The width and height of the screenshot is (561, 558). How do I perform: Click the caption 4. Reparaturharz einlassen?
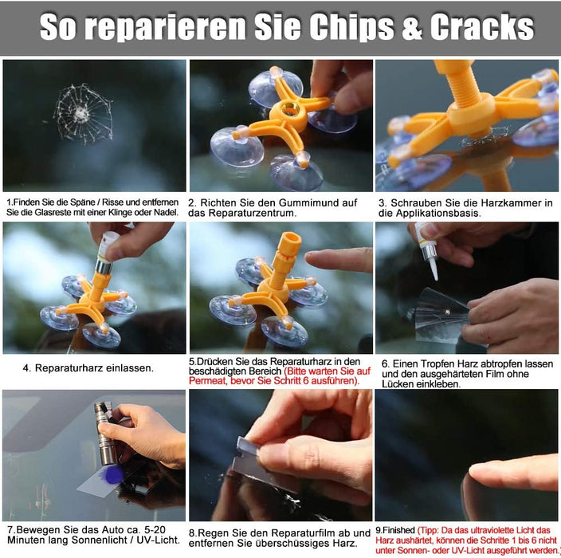(x=88, y=368)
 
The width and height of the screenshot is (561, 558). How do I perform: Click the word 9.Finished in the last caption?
(x=395, y=529)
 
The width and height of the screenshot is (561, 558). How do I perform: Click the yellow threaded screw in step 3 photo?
(x=469, y=80)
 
